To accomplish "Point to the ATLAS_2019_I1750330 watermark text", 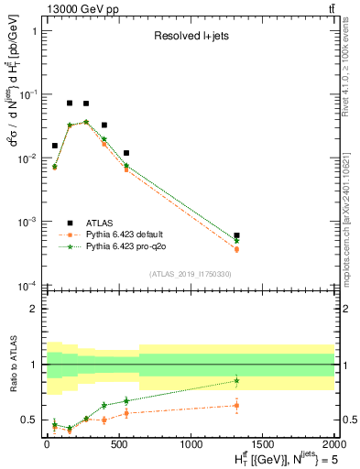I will pos(189,274).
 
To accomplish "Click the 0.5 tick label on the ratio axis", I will pos(30,420).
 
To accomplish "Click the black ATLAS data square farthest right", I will pos(236,235).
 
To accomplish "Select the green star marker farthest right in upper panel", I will pos(236,241).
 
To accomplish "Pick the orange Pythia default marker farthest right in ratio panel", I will pos(236,405).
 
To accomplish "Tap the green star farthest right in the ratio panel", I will pos(236,380).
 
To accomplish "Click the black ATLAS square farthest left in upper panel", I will pos(54,146).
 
